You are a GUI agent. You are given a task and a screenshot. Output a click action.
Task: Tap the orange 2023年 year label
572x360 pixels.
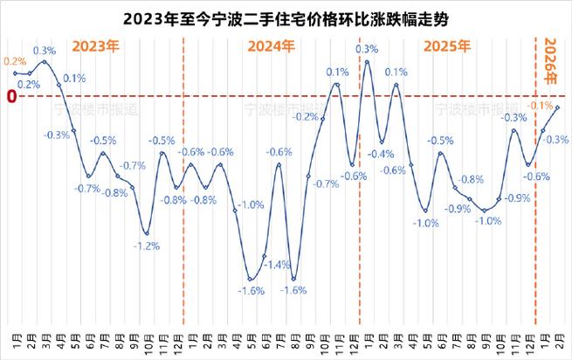[x=95, y=46]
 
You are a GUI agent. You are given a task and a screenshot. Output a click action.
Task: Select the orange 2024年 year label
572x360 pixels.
[x=270, y=46]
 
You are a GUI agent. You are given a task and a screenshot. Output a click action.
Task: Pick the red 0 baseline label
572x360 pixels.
[x=10, y=97]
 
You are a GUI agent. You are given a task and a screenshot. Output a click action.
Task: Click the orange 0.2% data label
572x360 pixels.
[x=14, y=61]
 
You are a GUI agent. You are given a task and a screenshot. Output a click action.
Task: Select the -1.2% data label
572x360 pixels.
[x=147, y=246]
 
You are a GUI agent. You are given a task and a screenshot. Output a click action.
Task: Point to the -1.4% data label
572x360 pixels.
[x=279, y=265]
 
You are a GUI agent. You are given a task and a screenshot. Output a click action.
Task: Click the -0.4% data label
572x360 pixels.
[x=381, y=154]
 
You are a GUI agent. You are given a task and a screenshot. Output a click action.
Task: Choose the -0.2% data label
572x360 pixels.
[x=306, y=116]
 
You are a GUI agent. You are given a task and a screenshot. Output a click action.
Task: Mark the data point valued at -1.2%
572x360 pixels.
[x=147, y=233]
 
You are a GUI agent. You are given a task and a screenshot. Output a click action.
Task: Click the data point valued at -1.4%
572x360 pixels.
[x=265, y=255]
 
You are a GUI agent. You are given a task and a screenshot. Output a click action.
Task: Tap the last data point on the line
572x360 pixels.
[x=558, y=107]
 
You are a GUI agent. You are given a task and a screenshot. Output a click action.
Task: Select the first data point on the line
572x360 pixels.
[x=15, y=73]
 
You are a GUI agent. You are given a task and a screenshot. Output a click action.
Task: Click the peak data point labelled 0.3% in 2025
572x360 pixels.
[x=367, y=61]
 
